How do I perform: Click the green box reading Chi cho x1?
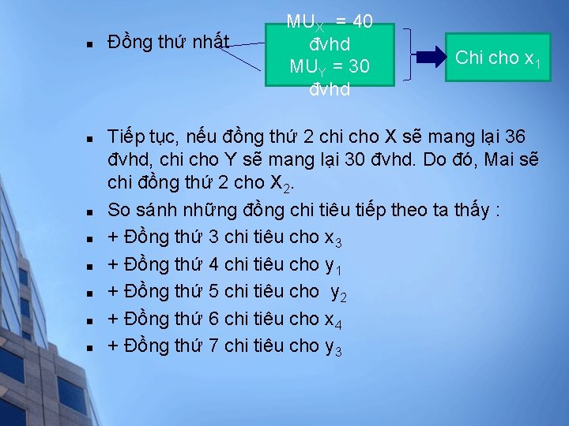pyautogui.click(x=498, y=57)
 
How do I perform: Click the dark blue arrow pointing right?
pyautogui.click(x=431, y=56)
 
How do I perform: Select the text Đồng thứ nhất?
pyautogui.click(x=168, y=41)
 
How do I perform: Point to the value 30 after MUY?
pyautogui.click(x=358, y=67)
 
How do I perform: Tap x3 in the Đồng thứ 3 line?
pyautogui.click(x=333, y=237)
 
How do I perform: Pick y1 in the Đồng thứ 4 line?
pyautogui.click(x=333, y=265)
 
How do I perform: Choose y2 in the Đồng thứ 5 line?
pyautogui.click(x=338, y=293)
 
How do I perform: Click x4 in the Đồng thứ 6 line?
pyautogui.click(x=333, y=319)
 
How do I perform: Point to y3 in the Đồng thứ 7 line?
pyautogui.click(x=333, y=346)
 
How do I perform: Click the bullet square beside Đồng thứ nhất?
pyautogui.click(x=92, y=43)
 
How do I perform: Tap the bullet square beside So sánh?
pyautogui.click(x=92, y=211)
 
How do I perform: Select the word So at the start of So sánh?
pyautogui.click(x=119, y=211)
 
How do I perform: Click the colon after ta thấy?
pyautogui.click(x=495, y=211)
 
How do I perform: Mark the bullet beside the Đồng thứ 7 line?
pyautogui.click(x=92, y=346)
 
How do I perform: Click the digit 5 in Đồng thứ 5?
pyautogui.click(x=214, y=291)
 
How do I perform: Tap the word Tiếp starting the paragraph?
pyautogui.click(x=126, y=136)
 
